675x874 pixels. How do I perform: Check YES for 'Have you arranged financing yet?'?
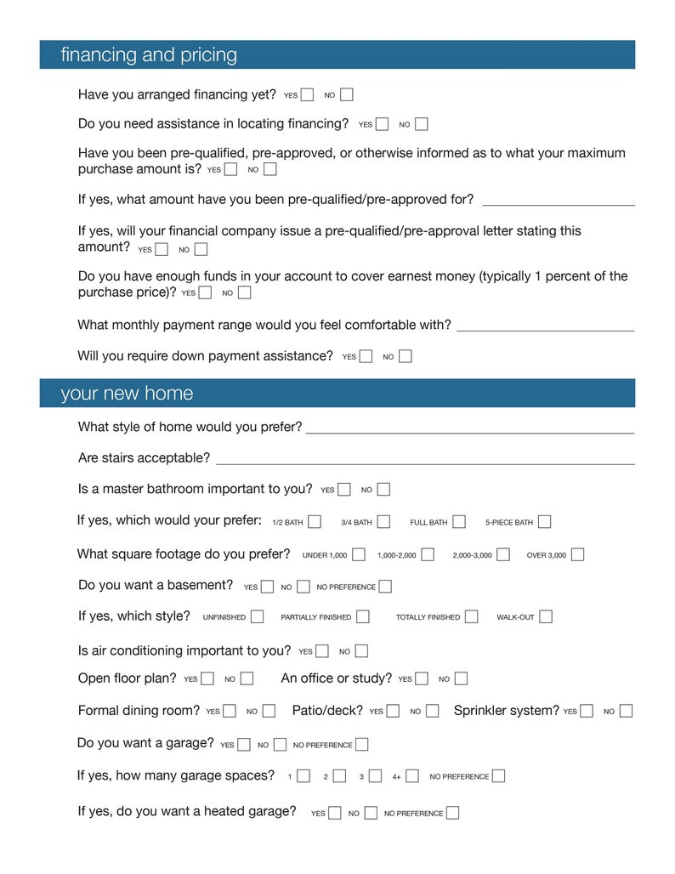point(307,94)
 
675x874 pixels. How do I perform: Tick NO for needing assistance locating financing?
point(422,124)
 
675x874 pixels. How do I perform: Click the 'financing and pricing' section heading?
point(149,55)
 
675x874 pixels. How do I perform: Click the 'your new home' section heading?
point(127,394)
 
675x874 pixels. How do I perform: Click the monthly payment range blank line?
point(545,327)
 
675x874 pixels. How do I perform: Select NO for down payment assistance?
point(406,356)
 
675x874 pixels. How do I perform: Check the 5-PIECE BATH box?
point(544,521)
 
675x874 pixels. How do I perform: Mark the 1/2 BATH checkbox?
point(315,521)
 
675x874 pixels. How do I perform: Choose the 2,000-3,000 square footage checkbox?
point(503,554)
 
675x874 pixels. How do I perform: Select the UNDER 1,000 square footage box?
point(359,554)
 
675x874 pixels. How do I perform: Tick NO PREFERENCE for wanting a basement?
point(385,586)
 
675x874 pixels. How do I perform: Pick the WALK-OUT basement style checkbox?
point(546,616)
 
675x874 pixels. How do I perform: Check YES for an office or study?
point(422,678)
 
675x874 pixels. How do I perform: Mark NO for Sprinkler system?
point(626,711)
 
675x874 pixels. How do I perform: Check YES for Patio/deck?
point(393,711)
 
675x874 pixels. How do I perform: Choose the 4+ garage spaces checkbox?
point(412,775)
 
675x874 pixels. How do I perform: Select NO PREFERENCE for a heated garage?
point(453,813)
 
